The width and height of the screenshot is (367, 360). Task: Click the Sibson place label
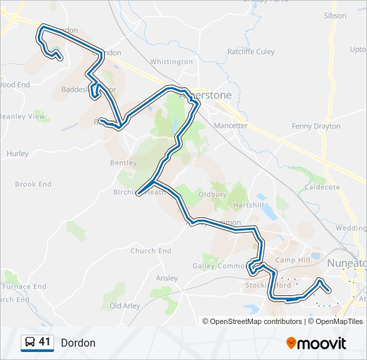pyautogui.click(x=335, y=15)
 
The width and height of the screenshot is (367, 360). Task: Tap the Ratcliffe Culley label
pyautogui.click(x=251, y=51)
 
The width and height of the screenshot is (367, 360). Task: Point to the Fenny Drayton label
pyautogui.click(x=316, y=126)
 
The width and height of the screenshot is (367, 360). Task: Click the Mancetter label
pyautogui.click(x=231, y=125)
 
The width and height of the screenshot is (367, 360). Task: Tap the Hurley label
pyautogui.click(x=17, y=153)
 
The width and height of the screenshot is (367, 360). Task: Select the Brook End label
pyautogui.click(x=33, y=184)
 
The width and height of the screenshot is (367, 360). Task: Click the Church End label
pyautogui.click(x=151, y=251)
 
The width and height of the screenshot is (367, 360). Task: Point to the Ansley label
pyautogui.click(x=167, y=278)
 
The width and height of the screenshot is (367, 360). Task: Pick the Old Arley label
pyautogui.click(x=125, y=306)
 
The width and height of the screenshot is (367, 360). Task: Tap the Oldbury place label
pyautogui.click(x=214, y=195)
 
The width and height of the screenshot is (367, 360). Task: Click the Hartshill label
pyautogui.click(x=249, y=205)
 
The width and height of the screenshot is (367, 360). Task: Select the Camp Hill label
pyautogui.click(x=293, y=260)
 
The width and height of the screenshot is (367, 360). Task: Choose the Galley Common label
pyautogui.click(x=220, y=266)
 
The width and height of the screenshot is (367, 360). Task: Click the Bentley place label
pyautogui.click(x=123, y=163)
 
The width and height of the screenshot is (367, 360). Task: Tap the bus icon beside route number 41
pyautogui.click(x=30, y=343)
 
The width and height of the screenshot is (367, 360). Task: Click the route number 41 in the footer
pyautogui.click(x=45, y=342)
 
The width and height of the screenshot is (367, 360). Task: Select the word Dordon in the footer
pyautogui.click(x=78, y=343)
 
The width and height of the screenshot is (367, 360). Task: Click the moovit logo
pyautogui.click(x=316, y=343)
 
